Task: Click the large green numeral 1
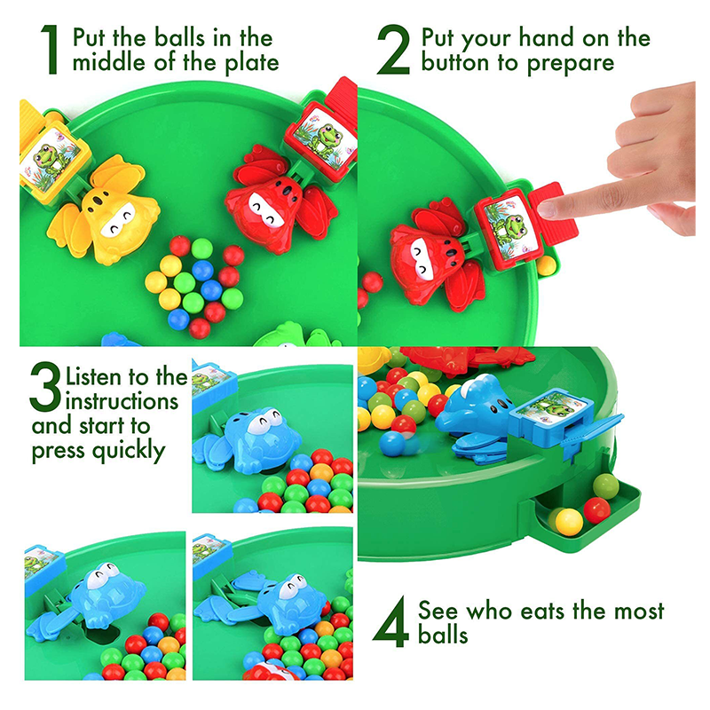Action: (x=50, y=50)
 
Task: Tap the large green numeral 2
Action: (x=393, y=50)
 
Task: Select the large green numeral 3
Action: (x=45, y=386)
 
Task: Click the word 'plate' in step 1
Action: (x=252, y=63)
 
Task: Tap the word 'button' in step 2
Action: (x=455, y=62)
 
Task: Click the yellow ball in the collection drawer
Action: (x=569, y=522)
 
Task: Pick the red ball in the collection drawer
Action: (x=596, y=509)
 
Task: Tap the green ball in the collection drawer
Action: (x=605, y=486)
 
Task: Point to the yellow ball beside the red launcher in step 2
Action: (x=546, y=265)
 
